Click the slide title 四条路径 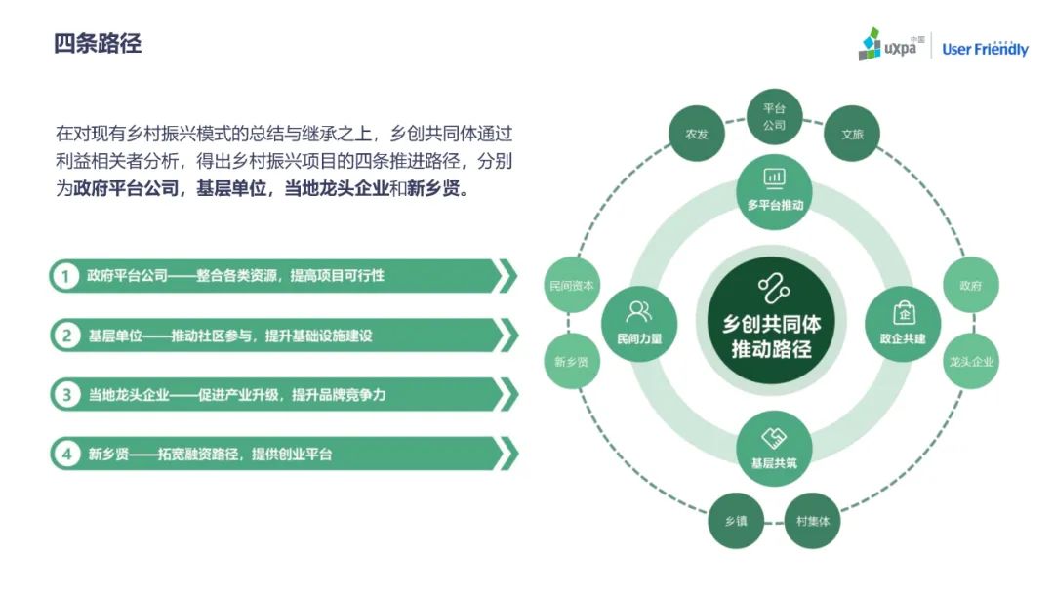98,44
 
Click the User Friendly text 985,49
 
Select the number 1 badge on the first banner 66,276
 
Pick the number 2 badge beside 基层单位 66,336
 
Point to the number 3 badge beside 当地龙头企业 66,394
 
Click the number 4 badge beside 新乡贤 66,454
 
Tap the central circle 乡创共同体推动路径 772,322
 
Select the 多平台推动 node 774,191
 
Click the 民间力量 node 639,323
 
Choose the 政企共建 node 903,323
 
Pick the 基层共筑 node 774,448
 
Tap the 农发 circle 697,134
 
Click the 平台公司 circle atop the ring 774,117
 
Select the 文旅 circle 852,134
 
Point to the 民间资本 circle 571,285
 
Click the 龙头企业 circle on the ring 971,361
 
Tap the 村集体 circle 813,521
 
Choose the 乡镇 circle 736,521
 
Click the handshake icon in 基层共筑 774,438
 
